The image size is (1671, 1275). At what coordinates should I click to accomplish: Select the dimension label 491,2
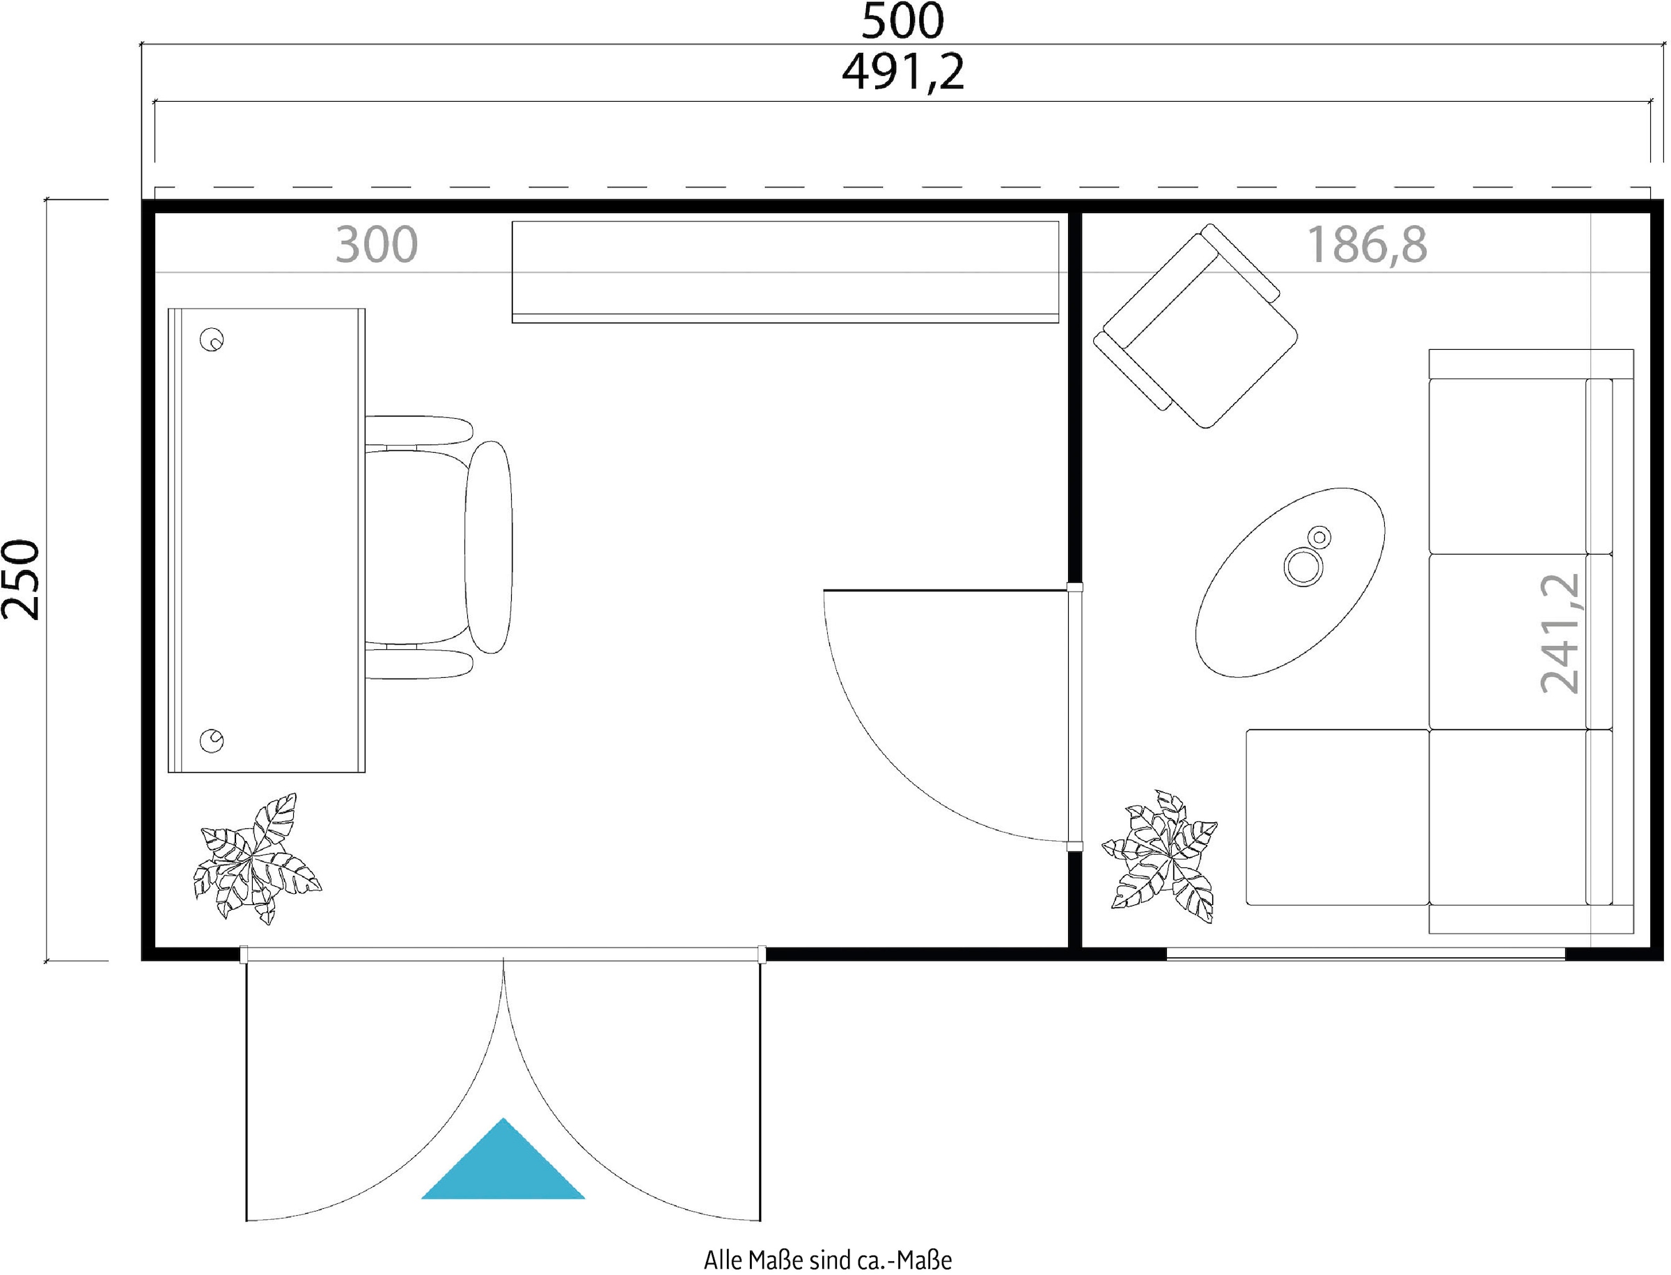pos(902,72)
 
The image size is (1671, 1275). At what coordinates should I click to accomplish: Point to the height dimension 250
pos(20,580)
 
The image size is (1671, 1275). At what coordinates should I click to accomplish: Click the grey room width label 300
pos(376,245)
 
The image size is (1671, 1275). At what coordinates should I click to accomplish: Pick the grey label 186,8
pos(1366,245)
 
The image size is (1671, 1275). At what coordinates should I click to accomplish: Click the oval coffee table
pos(1290,582)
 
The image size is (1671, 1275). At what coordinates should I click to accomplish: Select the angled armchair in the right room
pos(1195,326)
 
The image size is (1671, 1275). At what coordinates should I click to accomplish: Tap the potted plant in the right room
pos(1160,856)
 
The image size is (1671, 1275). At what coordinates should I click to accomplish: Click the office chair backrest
pos(489,546)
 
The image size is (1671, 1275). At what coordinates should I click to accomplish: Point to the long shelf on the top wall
pos(785,272)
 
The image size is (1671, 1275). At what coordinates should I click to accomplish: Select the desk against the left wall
pos(266,541)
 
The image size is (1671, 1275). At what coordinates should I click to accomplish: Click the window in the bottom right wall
pos(1365,954)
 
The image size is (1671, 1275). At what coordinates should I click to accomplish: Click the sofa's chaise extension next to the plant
pos(1337,817)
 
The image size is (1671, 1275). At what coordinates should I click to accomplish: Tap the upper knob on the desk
pos(212,339)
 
